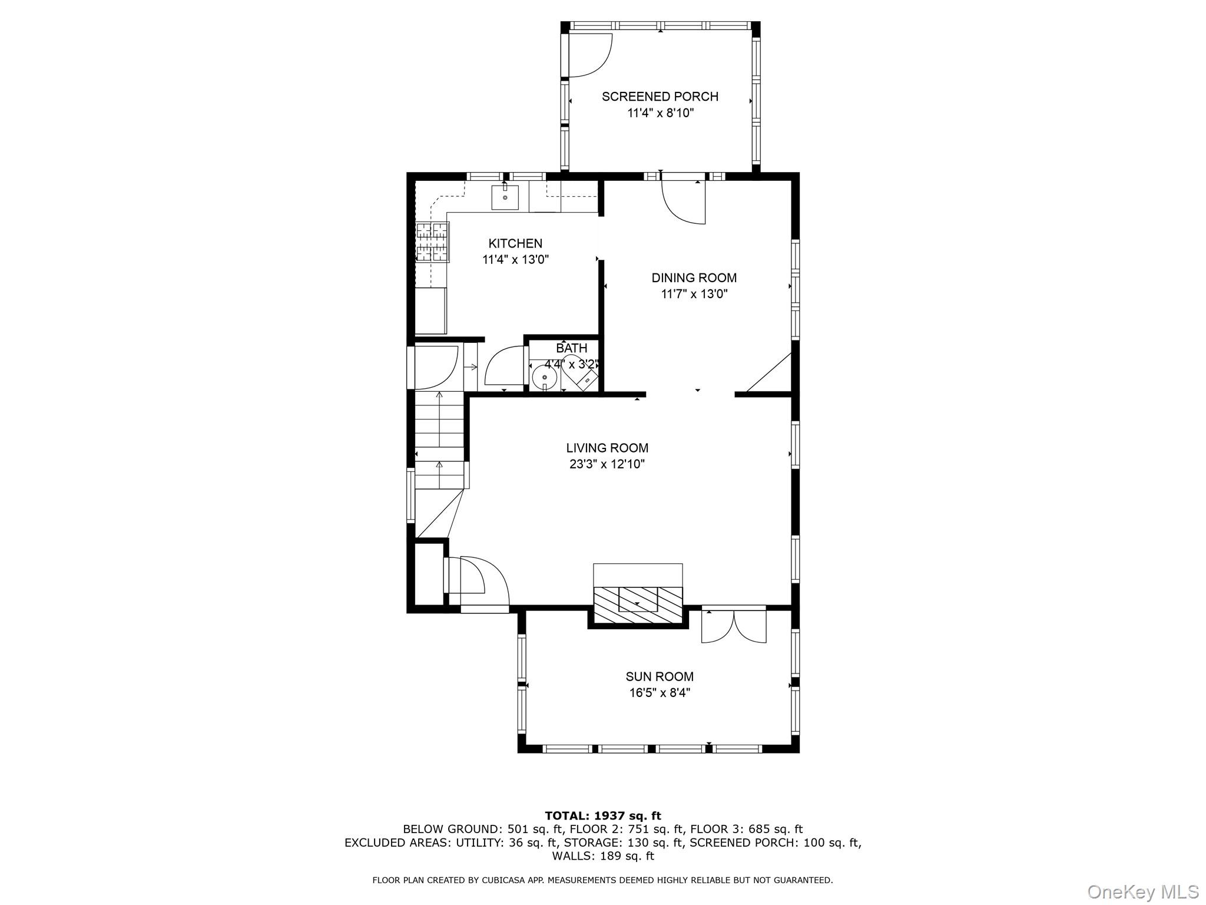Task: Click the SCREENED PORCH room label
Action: point(660,97)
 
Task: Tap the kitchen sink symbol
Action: point(505,197)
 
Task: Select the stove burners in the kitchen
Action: point(433,242)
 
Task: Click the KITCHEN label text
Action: point(515,243)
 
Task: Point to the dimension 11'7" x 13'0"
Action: point(694,294)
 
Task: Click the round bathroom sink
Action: point(545,376)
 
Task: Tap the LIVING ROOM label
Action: point(607,448)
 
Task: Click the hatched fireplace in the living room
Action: point(638,605)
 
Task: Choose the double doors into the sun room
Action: point(734,626)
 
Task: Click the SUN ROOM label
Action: point(660,676)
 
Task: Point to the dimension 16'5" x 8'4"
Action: point(660,693)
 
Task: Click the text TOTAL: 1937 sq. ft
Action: point(603,815)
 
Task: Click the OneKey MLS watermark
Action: point(1142,891)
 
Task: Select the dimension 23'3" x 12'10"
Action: point(607,464)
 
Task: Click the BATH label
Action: point(571,348)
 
